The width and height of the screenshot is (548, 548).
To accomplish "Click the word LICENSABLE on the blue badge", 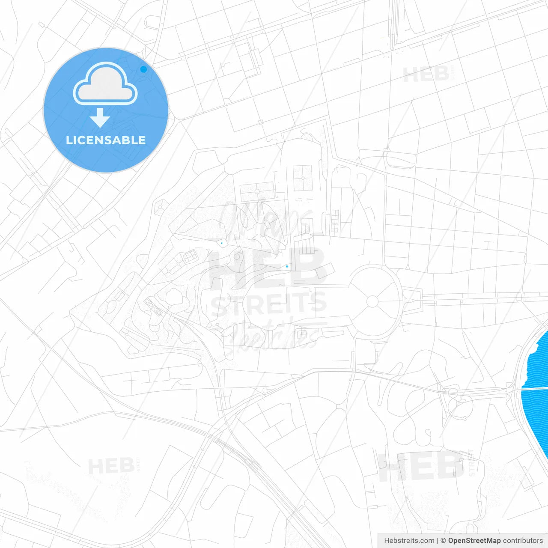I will (106, 140).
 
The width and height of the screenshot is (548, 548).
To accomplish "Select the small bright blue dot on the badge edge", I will (143, 69).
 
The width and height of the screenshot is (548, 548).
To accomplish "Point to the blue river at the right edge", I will (537, 364).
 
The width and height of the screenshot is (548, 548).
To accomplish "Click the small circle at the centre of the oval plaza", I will (372, 301).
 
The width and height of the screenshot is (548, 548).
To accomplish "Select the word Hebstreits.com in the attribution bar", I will (409, 540).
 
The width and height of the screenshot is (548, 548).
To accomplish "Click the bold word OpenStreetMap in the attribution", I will (474, 540).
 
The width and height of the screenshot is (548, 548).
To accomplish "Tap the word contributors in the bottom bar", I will (523, 540).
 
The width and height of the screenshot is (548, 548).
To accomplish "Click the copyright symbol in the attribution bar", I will (444, 540).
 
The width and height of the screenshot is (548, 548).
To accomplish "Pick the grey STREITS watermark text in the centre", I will (268, 303).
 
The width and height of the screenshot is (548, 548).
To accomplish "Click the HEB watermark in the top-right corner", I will (426, 75).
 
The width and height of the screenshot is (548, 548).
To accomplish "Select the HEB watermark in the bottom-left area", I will (111, 466).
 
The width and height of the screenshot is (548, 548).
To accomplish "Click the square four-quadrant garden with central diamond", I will (303, 178).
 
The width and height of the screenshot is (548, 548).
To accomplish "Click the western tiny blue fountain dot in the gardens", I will (222, 243).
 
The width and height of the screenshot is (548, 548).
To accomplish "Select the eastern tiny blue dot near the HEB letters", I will (287, 266).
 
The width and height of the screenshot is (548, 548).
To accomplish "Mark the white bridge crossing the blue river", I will (534, 388).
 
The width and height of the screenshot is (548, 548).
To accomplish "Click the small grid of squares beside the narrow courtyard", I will (334, 221).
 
